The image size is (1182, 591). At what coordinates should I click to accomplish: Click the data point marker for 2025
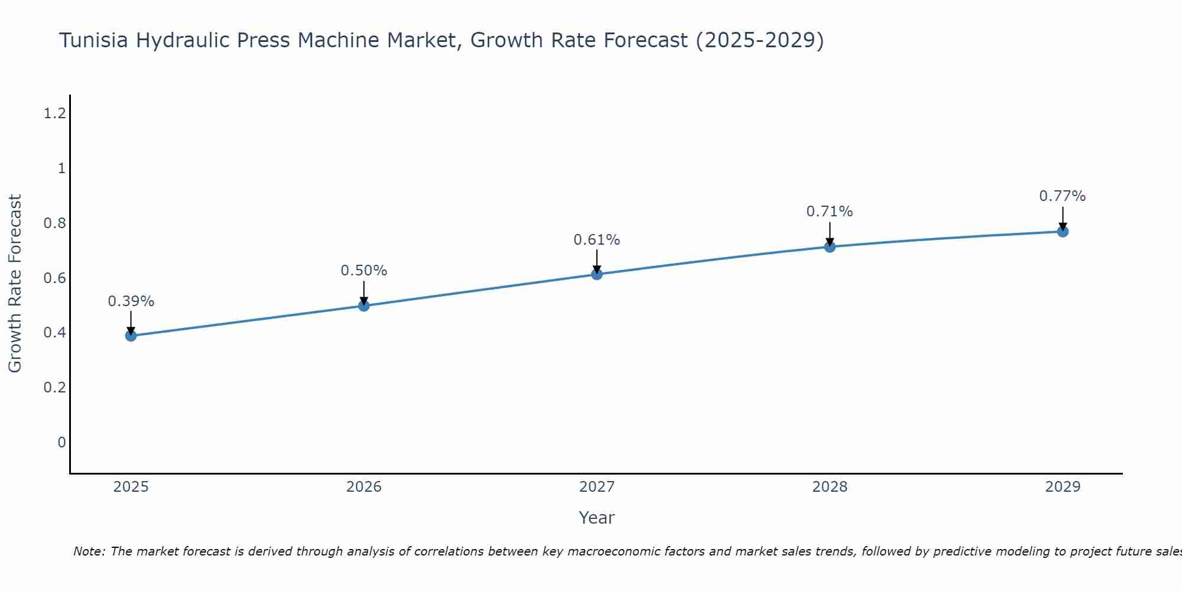(x=131, y=336)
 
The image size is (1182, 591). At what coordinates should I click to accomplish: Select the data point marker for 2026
(x=364, y=306)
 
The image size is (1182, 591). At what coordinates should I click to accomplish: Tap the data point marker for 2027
(x=597, y=274)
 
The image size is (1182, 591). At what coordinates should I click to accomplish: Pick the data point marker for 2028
(x=830, y=246)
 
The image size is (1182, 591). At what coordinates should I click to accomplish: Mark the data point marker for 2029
(x=1063, y=231)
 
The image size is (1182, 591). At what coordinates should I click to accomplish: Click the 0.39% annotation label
(x=131, y=301)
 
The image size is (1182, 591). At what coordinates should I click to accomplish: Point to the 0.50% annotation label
(x=364, y=271)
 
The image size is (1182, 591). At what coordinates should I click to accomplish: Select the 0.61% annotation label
(x=597, y=240)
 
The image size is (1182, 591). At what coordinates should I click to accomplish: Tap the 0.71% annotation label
(x=830, y=212)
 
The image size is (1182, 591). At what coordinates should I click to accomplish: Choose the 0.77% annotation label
(x=1063, y=196)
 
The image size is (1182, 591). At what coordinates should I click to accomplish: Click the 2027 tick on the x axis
(x=597, y=487)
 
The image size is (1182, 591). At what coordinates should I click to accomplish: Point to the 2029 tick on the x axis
(x=1063, y=487)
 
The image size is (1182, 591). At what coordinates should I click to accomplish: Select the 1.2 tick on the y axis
(x=54, y=113)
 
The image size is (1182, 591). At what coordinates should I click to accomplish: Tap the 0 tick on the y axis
(x=61, y=442)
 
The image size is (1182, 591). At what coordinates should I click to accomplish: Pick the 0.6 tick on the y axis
(x=54, y=278)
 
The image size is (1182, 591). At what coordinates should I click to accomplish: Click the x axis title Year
(x=597, y=518)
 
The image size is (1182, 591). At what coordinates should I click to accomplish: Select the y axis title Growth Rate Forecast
(x=15, y=284)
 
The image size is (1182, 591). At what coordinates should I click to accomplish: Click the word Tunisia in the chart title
(x=95, y=41)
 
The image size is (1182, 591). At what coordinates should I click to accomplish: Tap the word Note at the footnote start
(x=89, y=551)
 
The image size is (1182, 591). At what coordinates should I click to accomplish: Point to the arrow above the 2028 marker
(x=830, y=234)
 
